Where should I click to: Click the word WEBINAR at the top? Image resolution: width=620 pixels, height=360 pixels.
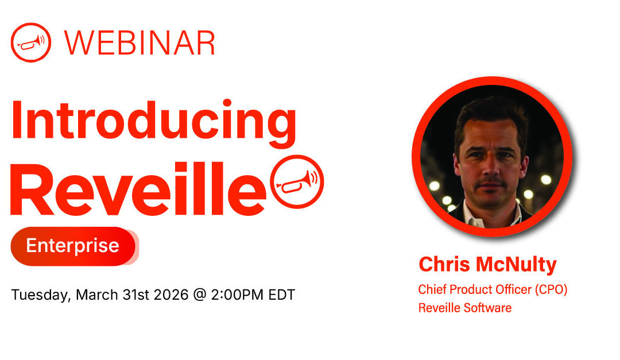click(139, 42)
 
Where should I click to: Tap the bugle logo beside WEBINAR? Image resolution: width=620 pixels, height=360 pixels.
click(31, 42)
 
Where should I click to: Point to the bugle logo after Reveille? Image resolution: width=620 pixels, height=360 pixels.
click(297, 181)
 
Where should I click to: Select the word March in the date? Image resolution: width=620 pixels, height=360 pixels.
click(96, 295)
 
